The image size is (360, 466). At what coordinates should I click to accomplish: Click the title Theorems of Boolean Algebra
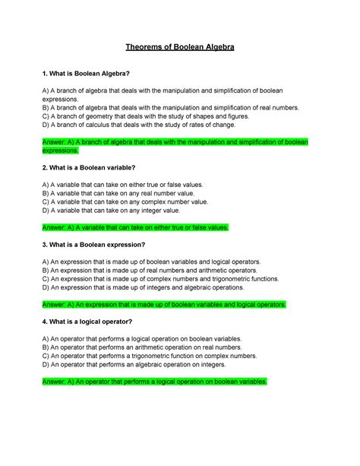(180, 48)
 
